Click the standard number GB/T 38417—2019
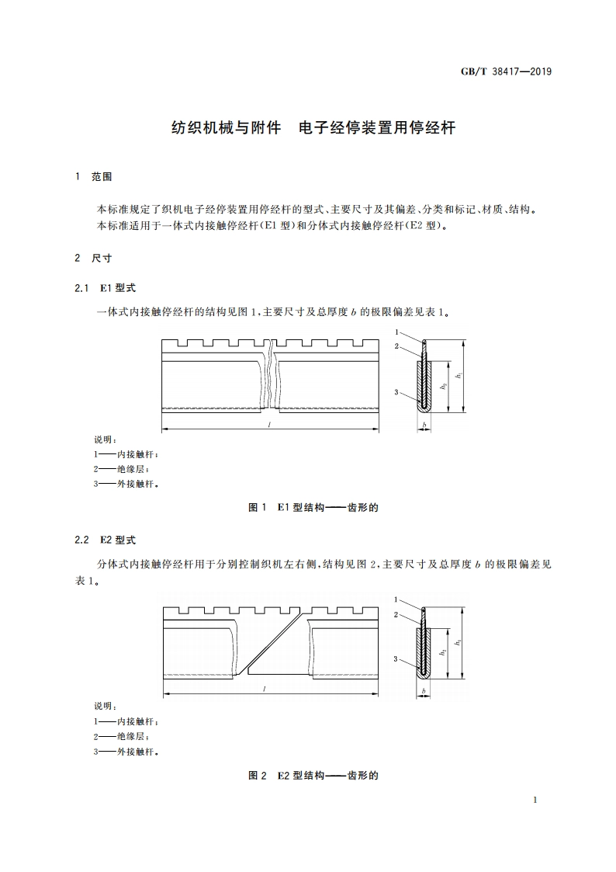506,72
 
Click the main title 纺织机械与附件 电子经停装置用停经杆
313,128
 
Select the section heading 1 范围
93,177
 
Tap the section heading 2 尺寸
93,258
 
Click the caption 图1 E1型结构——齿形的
313,507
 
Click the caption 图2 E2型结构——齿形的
313,775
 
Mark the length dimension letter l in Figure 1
268,425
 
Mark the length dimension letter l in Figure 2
265,688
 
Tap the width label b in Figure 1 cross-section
424,425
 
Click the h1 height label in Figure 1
459,376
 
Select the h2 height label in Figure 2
442,653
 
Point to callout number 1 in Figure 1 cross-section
396,332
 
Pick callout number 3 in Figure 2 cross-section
396,659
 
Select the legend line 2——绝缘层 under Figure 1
121,468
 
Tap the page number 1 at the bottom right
536,800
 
